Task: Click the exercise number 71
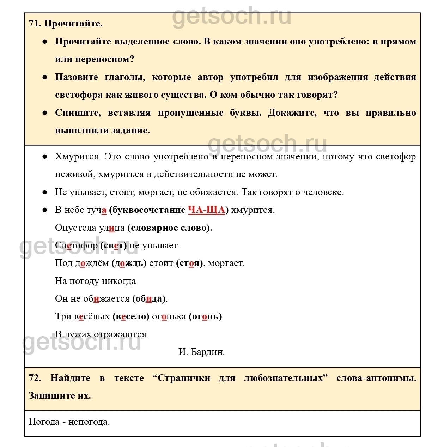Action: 35,24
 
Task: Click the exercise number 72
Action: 35,378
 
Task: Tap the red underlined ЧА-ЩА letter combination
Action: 206,210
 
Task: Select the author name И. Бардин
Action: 201,352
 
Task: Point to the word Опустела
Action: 75,228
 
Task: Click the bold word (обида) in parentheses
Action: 149,299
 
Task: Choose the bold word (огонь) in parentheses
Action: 205,316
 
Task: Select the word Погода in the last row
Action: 44,422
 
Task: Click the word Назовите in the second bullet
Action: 76,77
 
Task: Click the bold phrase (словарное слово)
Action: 170,228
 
